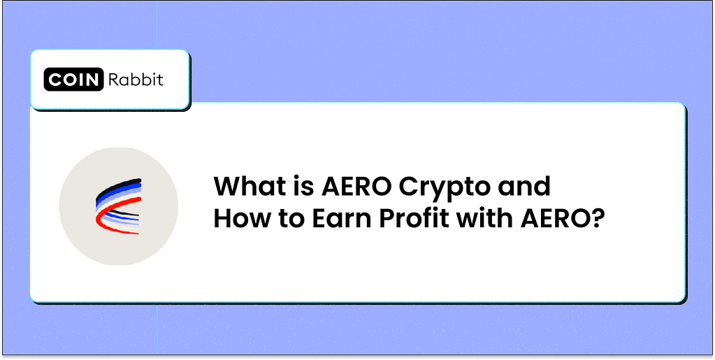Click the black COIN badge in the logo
coord(74,80)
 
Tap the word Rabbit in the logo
coord(135,80)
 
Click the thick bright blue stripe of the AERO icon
coord(112,194)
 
